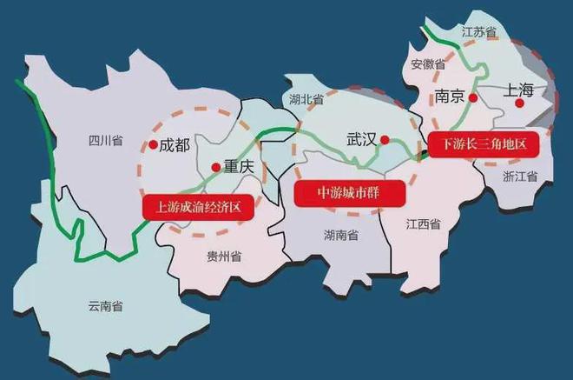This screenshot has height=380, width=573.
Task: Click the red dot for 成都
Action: click(153, 145)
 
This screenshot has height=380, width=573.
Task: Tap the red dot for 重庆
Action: click(214, 165)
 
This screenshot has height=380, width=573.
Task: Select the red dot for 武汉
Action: click(385, 138)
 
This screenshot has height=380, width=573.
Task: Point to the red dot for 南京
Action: click(472, 97)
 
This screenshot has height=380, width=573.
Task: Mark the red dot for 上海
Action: click(519, 103)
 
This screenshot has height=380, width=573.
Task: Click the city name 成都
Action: click(175, 145)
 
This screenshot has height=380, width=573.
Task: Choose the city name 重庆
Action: click(237, 165)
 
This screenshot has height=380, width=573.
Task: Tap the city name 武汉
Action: click(360, 138)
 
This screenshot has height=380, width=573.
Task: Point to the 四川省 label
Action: click(105, 139)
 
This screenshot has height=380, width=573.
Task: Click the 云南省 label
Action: click(105, 305)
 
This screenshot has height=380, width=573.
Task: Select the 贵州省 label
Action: click(224, 256)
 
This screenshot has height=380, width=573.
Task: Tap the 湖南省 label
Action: click(341, 234)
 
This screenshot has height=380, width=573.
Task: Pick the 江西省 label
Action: click(423, 223)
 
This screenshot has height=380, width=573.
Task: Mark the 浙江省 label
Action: click(520, 175)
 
